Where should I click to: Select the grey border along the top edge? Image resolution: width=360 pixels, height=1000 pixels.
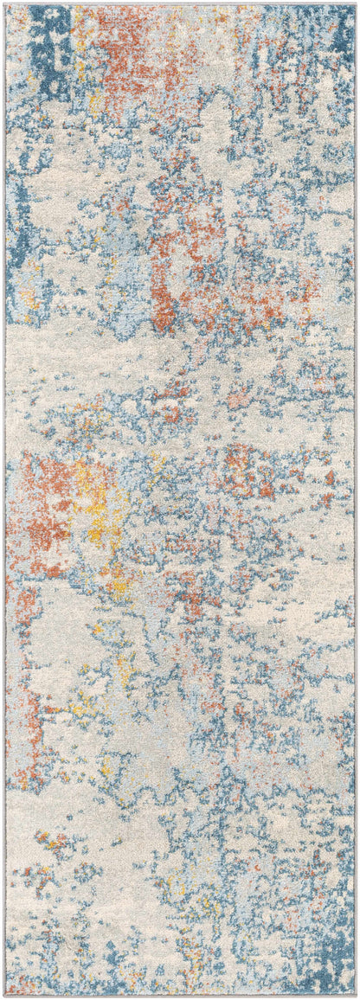coord(180,3)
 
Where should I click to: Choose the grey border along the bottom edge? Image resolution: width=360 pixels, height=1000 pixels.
coord(180,996)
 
